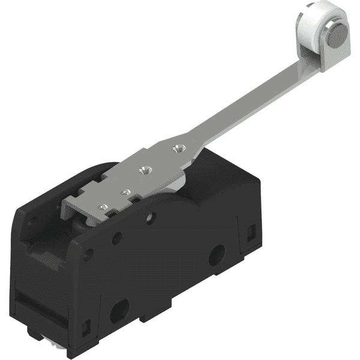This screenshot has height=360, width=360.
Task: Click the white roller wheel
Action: [x=309, y=30]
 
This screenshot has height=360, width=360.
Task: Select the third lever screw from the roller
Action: [x=125, y=192]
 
